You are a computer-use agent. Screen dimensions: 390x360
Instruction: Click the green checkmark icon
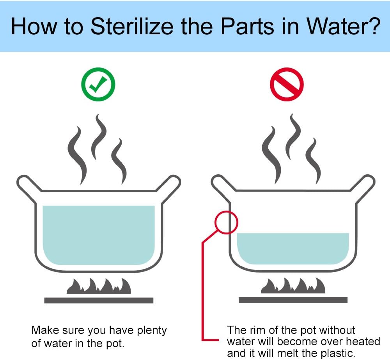point(98,84)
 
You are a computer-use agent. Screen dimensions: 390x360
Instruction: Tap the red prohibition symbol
point(287,84)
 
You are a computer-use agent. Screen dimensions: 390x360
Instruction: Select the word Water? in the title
point(344,27)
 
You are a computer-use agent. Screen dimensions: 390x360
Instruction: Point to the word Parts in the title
point(248,27)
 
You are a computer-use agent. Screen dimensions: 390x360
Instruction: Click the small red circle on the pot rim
point(226,222)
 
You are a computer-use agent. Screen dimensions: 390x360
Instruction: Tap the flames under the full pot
point(99,286)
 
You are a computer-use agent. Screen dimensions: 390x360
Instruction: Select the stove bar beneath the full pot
point(99,300)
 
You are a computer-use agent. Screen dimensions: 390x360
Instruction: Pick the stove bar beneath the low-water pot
point(293,300)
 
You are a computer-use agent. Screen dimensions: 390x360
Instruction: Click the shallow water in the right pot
point(293,248)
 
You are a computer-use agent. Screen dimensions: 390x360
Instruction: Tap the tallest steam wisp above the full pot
point(99,137)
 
